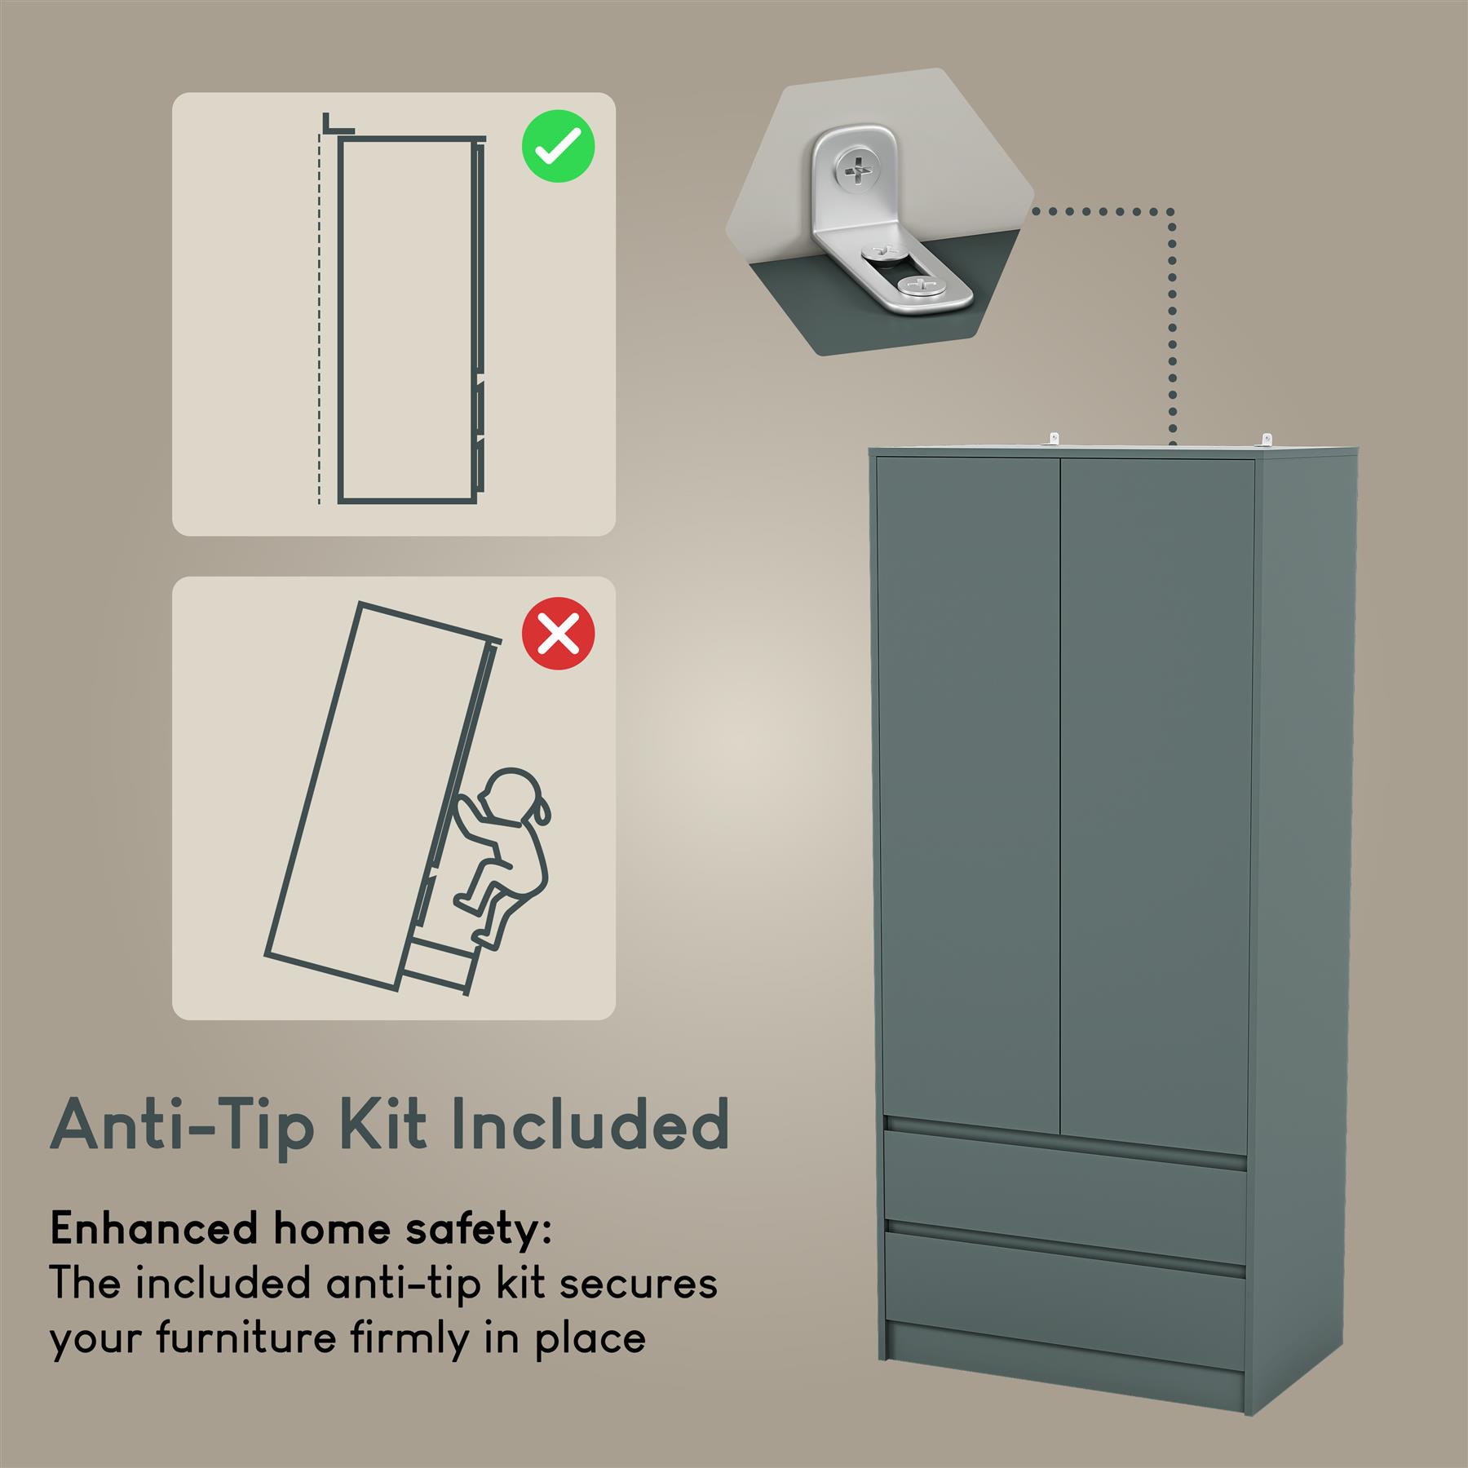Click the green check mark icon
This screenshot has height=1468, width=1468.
pyautogui.click(x=559, y=146)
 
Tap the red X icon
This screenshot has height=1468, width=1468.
pyautogui.click(x=559, y=634)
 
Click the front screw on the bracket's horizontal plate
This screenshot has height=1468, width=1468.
pyautogui.click(x=919, y=286)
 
